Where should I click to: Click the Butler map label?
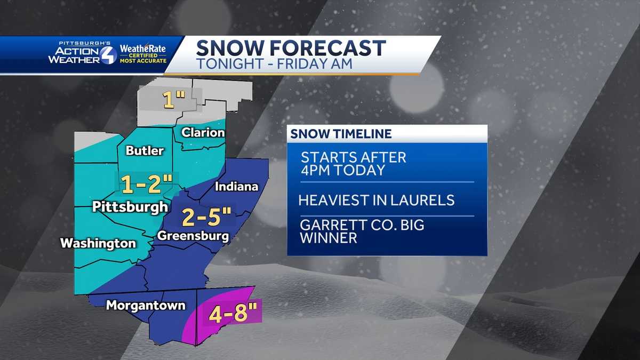pyautogui.click(x=145, y=151)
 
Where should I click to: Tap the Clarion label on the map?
pyautogui.click(x=203, y=133)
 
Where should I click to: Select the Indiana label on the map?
pyautogui.click(x=236, y=187)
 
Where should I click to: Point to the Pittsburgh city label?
pyautogui.click(x=130, y=206)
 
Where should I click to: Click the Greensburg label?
pyautogui.click(x=193, y=236)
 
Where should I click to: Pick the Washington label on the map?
pyautogui.click(x=98, y=244)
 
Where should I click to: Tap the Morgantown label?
pyautogui.click(x=146, y=306)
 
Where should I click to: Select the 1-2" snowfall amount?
pyautogui.click(x=143, y=185)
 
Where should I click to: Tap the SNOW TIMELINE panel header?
pyautogui.click(x=341, y=134)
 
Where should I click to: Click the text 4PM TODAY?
pyautogui.click(x=342, y=171)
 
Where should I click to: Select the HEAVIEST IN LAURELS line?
pyautogui.click(x=376, y=201)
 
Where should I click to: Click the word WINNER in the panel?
pyautogui.click(x=329, y=238)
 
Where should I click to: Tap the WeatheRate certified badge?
pyautogui.click(x=142, y=54)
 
